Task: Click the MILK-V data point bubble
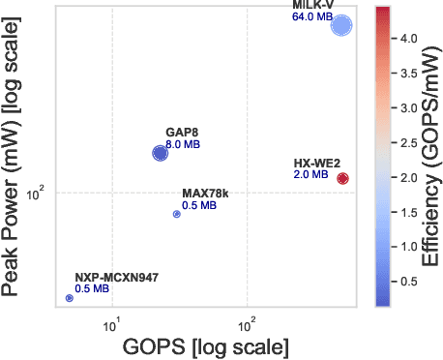[x=341, y=26]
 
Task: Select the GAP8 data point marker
[x=161, y=153]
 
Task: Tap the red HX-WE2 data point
[x=342, y=178]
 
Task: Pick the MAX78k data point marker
[x=176, y=214]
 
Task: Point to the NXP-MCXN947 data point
[x=70, y=298]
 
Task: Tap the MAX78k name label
[x=205, y=195]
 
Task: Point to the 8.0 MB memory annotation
[x=183, y=144]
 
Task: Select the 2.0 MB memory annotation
[x=310, y=174]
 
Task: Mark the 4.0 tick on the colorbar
[x=409, y=41]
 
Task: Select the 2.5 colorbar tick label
[x=409, y=129]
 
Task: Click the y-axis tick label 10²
[x=38, y=194]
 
